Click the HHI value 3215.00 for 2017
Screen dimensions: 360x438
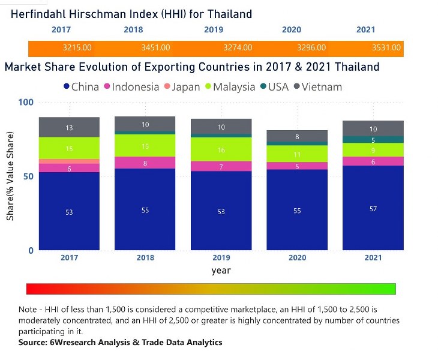(77, 47)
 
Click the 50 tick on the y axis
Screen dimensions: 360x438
(27, 176)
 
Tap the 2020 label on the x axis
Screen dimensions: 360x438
(297, 257)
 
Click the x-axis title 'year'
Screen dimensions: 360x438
(221, 271)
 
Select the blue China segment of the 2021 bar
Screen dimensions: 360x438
(373, 208)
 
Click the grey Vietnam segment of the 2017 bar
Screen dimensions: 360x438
(69, 127)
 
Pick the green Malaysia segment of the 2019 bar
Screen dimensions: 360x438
(221, 149)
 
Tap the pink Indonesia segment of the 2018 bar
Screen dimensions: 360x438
(145, 163)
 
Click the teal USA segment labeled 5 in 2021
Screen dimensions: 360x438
(373, 139)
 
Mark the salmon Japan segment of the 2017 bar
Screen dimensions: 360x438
(69, 161)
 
